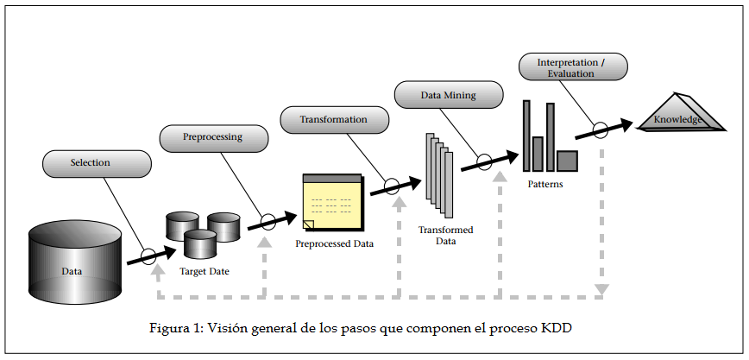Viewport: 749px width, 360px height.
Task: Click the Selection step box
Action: click(97, 162)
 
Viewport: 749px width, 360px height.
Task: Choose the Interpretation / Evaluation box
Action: click(571, 68)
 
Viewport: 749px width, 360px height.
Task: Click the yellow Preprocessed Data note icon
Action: click(332, 202)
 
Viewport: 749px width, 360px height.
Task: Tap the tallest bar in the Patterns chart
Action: click(526, 135)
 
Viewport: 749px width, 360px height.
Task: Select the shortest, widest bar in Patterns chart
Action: click(567, 161)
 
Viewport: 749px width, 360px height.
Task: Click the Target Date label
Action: click(204, 271)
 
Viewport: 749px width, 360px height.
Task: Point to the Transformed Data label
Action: click(445, 236)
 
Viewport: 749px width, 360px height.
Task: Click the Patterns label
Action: click(545, 183)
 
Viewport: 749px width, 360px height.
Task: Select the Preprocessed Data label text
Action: click(335, 243)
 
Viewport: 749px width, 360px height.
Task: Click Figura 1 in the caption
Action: click(173, 329)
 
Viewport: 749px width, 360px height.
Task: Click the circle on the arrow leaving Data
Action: click(148, 256)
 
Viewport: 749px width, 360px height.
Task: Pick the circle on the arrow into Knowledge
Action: click(601, 130)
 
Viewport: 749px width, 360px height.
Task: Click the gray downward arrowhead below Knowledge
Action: click(601, 289)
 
